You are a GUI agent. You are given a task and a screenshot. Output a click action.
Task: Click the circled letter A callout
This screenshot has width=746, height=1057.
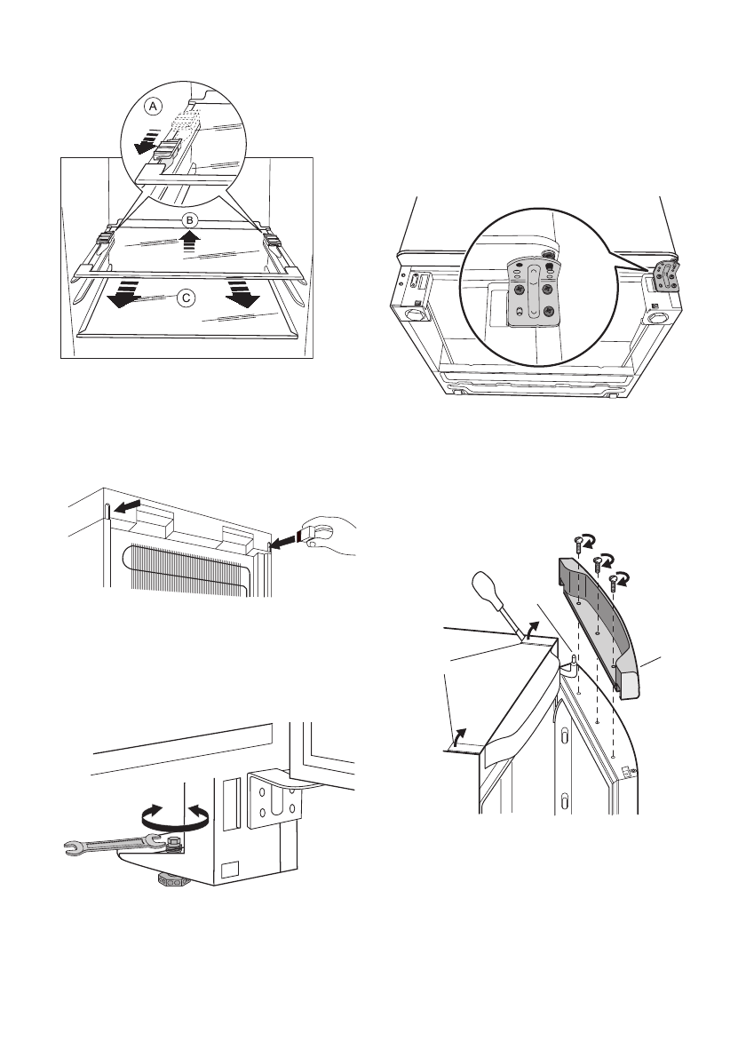154,106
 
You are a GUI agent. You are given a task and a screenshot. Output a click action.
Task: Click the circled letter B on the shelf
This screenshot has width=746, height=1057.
188,219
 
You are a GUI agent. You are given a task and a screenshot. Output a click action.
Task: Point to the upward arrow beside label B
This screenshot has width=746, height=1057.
188,240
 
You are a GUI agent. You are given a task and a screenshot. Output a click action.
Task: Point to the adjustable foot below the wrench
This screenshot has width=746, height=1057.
172,881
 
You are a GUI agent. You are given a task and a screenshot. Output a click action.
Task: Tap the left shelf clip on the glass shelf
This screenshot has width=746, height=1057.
104,238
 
